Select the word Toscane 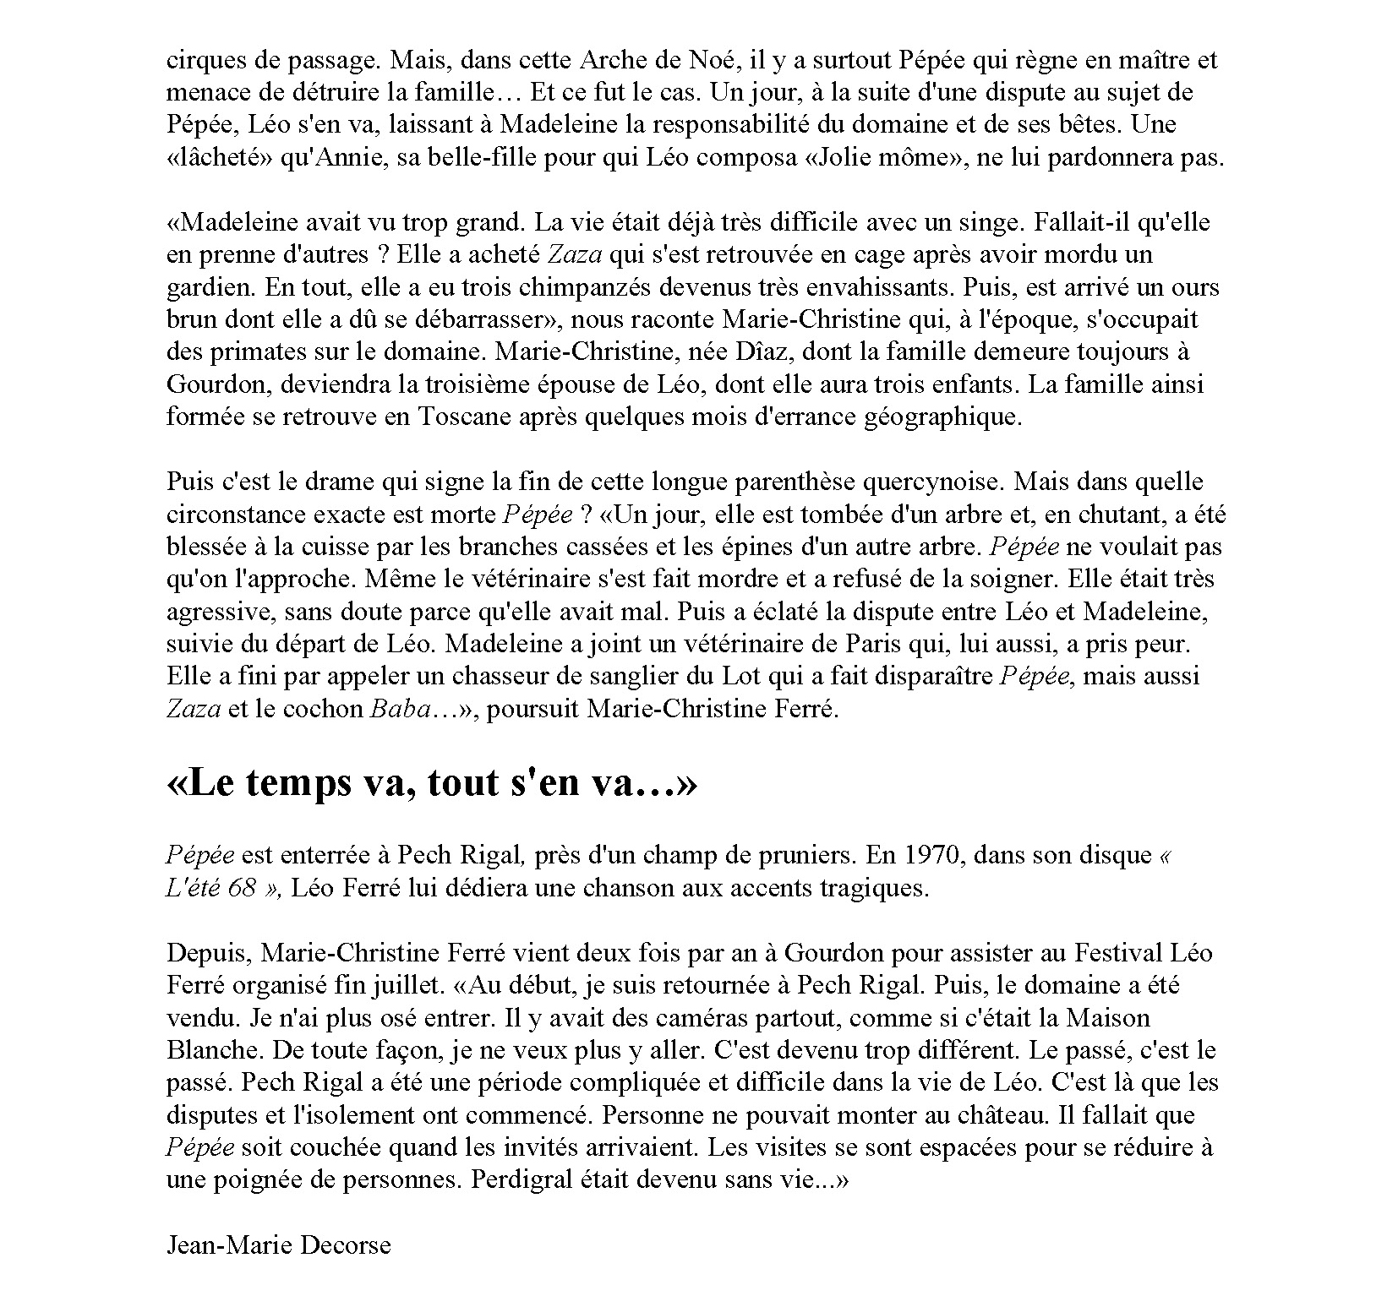pos(461,417)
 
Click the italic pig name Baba pos(395,709)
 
